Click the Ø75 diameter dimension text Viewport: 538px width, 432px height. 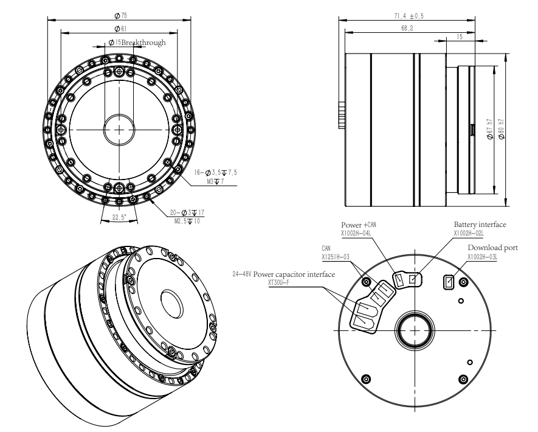pyautogui.click(x=120, y=15)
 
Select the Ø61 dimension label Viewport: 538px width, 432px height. pyautogui.click(x=120, y=29)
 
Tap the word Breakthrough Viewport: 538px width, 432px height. pyautogui.click(x=143, y=43)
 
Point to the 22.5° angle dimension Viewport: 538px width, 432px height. pyautogui.click(x=119, y=217)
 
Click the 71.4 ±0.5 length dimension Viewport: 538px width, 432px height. pyautogui.click(x=409, y=16)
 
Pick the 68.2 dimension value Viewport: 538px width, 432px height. pyautogui.click(x=407, y=28)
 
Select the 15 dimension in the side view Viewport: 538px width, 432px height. pyautogui.click(x=460, y=37)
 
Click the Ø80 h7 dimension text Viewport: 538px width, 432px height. pyautogui.click(x=502, y=129)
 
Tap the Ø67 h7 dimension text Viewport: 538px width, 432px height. pyautogui.click(x=489, y=129)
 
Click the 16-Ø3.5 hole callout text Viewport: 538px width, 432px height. pyautogui.click(x=215, y=172)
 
